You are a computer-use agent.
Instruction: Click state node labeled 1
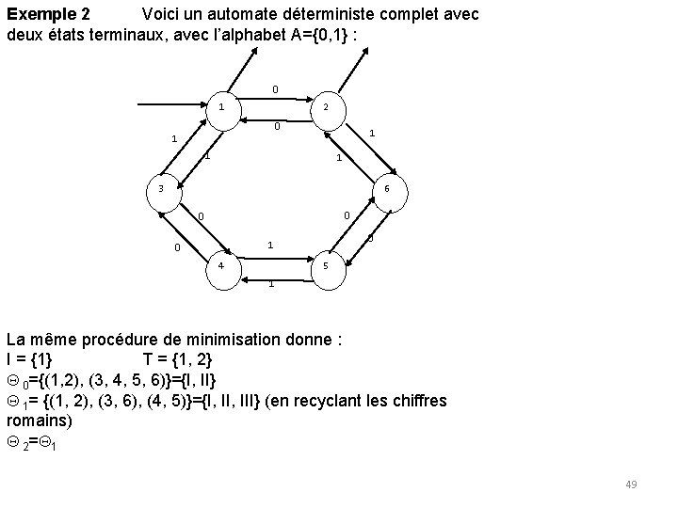221,107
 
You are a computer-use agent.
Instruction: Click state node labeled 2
325,107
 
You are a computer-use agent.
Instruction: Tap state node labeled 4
221,265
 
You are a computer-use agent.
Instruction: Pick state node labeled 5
325,265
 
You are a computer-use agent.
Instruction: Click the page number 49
631,484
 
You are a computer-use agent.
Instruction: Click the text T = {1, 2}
178,359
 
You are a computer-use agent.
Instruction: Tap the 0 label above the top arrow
275,90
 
